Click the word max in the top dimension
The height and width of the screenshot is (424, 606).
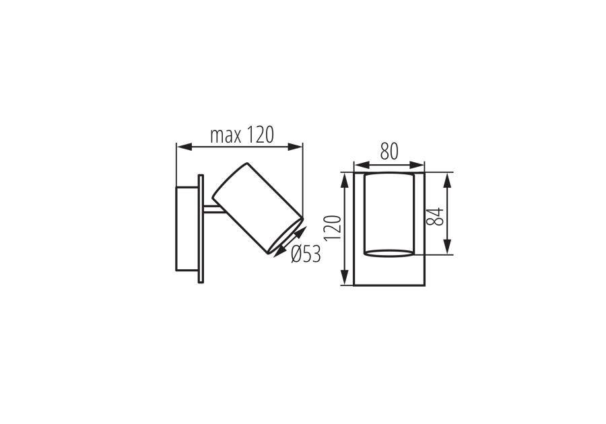pyautogui.click(x=226, y=135)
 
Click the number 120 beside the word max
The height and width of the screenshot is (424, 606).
pyautogui.click(x=260, y=135)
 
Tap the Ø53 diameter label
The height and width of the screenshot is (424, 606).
pyautogui.click(x=306, y=254)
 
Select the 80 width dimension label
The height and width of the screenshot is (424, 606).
pyautogui.click(x=389, y=151)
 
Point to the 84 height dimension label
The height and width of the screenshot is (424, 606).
pyautogui.click(x=434, y=216)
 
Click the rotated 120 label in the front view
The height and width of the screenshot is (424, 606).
pyautogui.click(x=333, y=228)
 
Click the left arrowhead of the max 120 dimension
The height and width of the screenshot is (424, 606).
pyautogui.click(x=184, y=147)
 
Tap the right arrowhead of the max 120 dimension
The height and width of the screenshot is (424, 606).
pyautogui.click(x=295, y=147)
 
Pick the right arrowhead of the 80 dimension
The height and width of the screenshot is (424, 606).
pyautogui.click(x=417, y=166)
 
